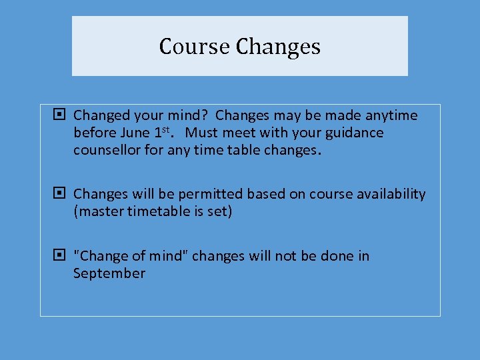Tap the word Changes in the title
(278, 47)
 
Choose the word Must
(203, 133)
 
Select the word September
(109, 273)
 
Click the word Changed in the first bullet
(100, 115)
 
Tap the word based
(265, 194)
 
